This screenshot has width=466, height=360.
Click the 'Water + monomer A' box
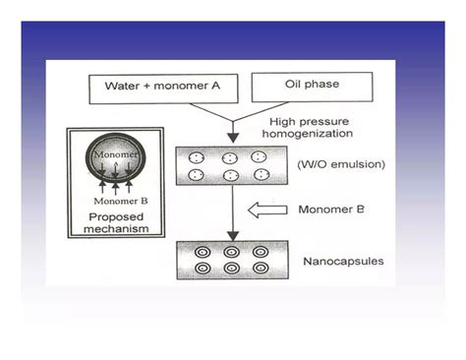(163, 87)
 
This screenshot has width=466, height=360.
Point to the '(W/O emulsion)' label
(328, 164)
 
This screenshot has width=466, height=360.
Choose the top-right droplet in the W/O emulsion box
(260, 156)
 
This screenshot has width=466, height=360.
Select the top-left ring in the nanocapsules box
(201, 250)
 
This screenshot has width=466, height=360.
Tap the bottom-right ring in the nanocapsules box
(260, 268)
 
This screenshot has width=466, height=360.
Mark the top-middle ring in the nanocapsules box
(230, 250)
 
